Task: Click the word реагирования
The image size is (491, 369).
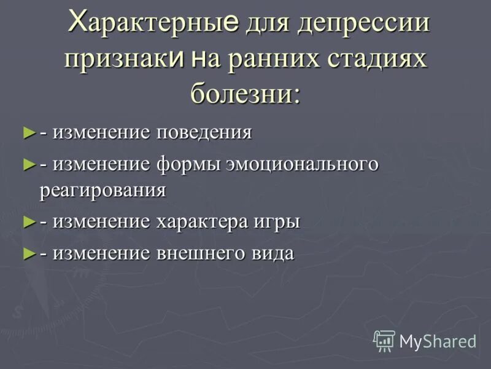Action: [x=102, y=190]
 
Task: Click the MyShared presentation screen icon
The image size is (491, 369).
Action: [x=384, y=340]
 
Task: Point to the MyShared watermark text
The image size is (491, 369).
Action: [x=438, y=341]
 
